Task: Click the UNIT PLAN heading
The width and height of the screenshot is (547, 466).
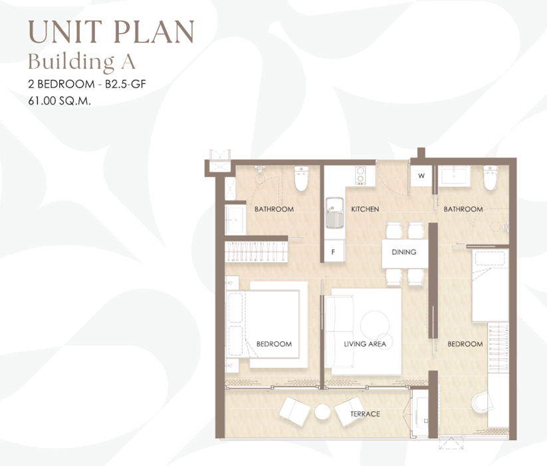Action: tap(111, 32)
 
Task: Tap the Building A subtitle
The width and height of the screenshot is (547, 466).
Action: tap(82, 62)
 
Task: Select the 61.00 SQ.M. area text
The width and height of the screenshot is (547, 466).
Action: tap(59, 101)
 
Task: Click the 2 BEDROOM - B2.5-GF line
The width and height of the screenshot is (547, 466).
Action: tap(87, 84)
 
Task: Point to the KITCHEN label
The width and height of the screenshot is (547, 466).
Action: tap(365, 209)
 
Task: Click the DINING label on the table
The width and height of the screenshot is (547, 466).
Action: tap(404, 252)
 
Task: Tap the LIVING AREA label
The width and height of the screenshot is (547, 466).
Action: tap(365, 344)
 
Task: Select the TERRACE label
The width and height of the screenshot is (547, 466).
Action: tap(365, 414)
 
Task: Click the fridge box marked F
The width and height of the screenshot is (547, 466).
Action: tap(334, 252)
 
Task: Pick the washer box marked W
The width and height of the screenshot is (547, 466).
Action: tap(421, 176)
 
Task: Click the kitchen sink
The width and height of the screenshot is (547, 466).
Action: tap(334, 213)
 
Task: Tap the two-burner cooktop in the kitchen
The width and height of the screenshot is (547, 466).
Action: tap(360, 175)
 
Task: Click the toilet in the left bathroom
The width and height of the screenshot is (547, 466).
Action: tap(301, 178)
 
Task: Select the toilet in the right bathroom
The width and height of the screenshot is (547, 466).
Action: tap(491, 178)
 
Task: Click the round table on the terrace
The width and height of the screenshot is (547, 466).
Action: tap(322, 412)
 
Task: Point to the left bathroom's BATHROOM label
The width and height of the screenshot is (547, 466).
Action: tap(274, 209)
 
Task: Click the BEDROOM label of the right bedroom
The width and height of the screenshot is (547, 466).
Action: tap(465, 344)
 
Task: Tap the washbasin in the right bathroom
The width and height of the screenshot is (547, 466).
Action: tap(454, 175)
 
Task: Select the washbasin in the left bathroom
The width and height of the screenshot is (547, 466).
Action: tap(236, 220)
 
